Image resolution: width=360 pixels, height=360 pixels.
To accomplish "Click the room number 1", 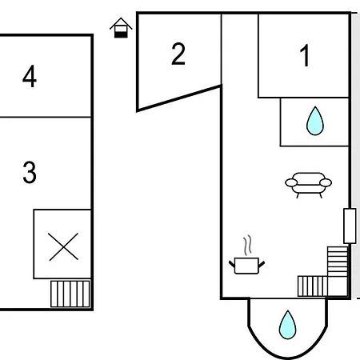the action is tap(305, 55).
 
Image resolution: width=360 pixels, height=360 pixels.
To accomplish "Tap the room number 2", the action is tap(178, 54).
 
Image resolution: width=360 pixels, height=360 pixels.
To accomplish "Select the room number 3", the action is tap(30, 172).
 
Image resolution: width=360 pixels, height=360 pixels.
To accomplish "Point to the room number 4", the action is tap(30, 76).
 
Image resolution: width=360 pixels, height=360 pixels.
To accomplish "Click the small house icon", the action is tap(121, 28).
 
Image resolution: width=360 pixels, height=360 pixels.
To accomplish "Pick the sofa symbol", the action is tap(309, 185).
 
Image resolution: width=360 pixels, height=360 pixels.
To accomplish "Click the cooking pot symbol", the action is tap(246, 266).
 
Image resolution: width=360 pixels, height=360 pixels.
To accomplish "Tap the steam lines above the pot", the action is tap(248, 245).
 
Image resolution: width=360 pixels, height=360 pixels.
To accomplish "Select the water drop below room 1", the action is tap(315, 121).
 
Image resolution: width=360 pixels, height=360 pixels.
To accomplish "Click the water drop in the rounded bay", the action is tap(287, 325).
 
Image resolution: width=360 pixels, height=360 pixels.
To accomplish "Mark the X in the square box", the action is tap(63, 246).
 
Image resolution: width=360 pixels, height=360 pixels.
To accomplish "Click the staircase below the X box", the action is tap(70, 294).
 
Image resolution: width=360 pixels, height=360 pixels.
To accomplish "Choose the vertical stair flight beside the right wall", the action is tap(338, 262).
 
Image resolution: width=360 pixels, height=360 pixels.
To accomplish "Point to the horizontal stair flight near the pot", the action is tap(312, 286).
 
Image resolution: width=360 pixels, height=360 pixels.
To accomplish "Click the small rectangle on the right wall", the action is tap(350, 226).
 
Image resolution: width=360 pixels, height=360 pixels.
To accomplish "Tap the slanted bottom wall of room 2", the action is tap(178, 98).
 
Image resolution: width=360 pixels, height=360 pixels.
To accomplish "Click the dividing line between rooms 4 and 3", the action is tap(46, 117).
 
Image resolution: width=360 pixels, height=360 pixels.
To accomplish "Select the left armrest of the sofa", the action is tap(291, 183).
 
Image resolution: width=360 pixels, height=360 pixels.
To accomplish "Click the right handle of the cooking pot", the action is tap(262, 264).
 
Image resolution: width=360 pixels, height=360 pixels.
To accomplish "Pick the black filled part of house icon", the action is tap(121, 34).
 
